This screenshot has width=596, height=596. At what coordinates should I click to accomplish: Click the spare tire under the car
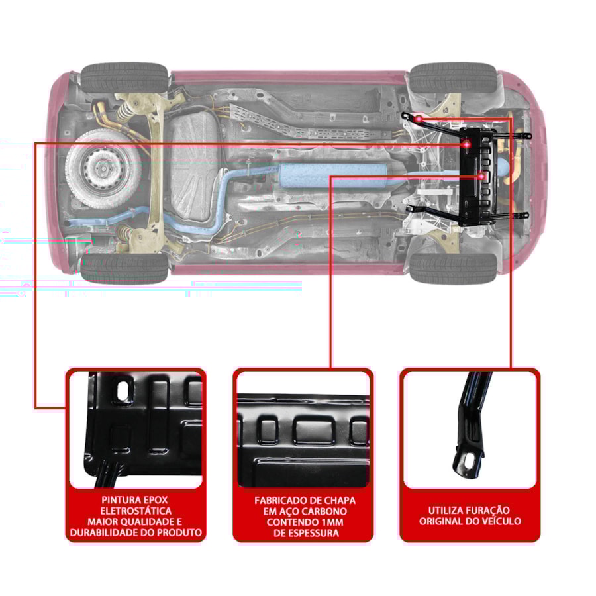(101, 169)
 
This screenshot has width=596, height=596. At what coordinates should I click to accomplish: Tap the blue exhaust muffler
(333, 175)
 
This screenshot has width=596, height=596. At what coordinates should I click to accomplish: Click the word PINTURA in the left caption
(118, 500)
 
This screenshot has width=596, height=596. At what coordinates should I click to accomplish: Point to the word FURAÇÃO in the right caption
(485, 510)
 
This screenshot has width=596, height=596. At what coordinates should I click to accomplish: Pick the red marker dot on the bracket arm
(419, 119)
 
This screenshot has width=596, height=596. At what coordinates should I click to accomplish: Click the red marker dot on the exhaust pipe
(481, 176)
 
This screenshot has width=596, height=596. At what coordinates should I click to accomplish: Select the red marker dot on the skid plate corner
(466, 144)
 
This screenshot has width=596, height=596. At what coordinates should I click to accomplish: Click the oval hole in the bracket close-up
(467, 461)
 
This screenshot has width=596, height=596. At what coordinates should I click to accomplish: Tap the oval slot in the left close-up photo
(123, 391)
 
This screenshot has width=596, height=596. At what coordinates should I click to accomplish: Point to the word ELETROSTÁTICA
(136, 511)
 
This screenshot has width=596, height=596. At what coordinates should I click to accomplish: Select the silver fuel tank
(193, 166)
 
